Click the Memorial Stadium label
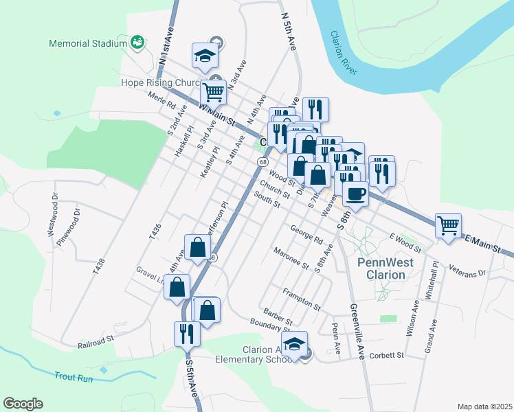pos(88,43)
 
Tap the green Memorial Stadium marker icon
pos(138,42)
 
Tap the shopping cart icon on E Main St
pos(448,225)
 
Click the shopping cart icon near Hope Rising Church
pos(214,91)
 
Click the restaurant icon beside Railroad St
pos(187,334)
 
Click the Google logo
pos(23,404)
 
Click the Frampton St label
pos(301,297)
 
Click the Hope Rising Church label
pos(159,82)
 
